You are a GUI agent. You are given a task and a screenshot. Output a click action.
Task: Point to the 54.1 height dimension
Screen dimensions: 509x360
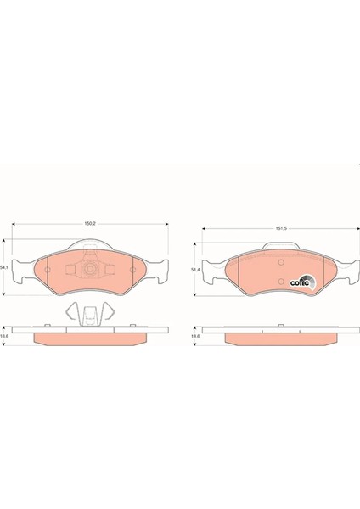[x=6, y=267]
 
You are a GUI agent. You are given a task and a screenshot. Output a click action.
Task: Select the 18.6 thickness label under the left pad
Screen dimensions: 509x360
[x=6, y=337]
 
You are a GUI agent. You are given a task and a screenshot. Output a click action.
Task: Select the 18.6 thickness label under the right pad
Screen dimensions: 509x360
[x=195, y=337]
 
